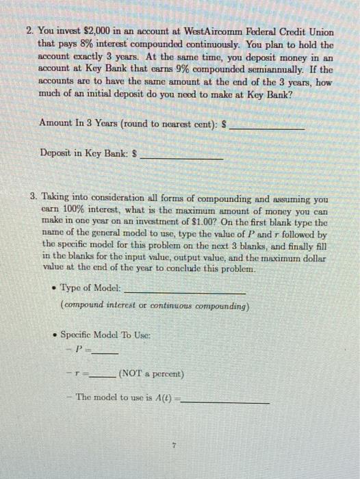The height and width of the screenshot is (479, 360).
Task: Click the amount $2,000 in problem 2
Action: click(x=97, y=33)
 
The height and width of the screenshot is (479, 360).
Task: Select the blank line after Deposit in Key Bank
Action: click(x=181, y=157)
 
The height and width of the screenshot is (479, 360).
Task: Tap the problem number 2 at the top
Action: click(x=30, y=33)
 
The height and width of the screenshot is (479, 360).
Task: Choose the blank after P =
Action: click(x=105, y=352)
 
